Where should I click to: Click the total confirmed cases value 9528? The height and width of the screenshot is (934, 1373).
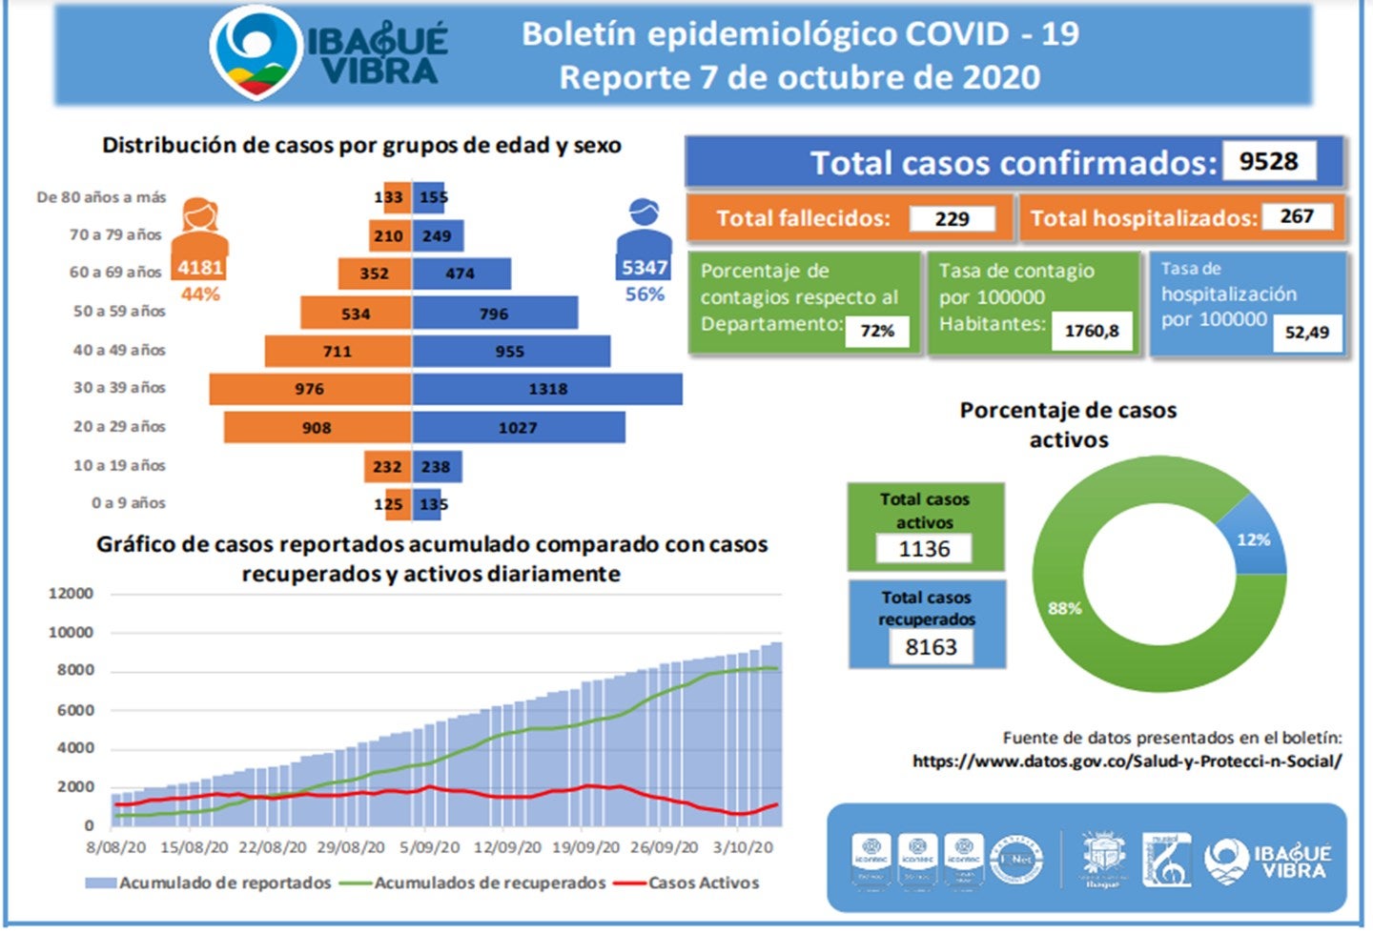1268,161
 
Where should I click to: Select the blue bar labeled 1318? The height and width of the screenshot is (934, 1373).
547,389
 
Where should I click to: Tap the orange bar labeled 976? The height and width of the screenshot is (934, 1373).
310,389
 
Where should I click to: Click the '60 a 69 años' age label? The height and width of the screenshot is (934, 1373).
116,272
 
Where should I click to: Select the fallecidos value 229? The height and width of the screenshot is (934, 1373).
952,218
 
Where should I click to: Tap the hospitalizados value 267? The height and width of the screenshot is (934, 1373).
1297,216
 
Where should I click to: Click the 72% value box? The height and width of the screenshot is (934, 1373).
877,331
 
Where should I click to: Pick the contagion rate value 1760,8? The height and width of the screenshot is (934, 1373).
1092,331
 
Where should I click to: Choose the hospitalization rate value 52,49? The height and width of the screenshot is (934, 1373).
1306,333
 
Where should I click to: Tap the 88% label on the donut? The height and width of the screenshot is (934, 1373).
1065,608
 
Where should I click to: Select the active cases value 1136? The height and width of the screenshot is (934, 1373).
924,549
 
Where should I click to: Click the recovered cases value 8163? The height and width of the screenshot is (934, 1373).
931,647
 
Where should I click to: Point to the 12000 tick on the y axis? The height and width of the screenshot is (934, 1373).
72,594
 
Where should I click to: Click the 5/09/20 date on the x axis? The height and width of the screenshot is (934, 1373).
429,847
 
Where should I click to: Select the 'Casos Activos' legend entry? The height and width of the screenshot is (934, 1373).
704,883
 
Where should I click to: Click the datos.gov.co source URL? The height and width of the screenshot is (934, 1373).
1127,761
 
